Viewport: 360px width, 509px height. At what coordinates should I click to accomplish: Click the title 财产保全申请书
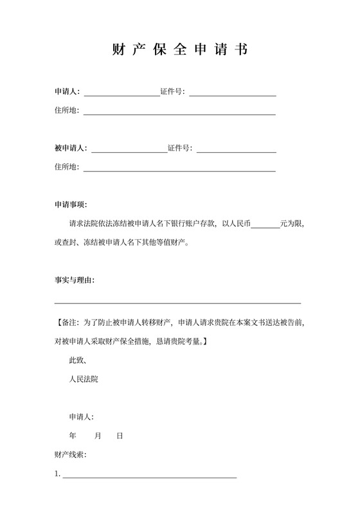point(179,49)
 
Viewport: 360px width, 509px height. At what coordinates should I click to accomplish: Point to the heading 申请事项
point(71,205)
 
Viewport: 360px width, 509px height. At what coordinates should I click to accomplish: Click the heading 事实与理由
point(75,280)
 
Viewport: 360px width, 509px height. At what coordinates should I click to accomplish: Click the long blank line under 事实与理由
point(177,302)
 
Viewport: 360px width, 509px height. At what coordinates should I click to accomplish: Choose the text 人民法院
point(84,379)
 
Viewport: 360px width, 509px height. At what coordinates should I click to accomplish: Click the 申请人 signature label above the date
point(82,416)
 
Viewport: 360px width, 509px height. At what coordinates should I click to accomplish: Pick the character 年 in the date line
point(73,436)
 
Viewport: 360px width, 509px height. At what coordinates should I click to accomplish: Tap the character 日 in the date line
point(120,436)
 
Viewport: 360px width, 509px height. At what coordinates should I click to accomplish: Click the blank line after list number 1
point(149,476)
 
